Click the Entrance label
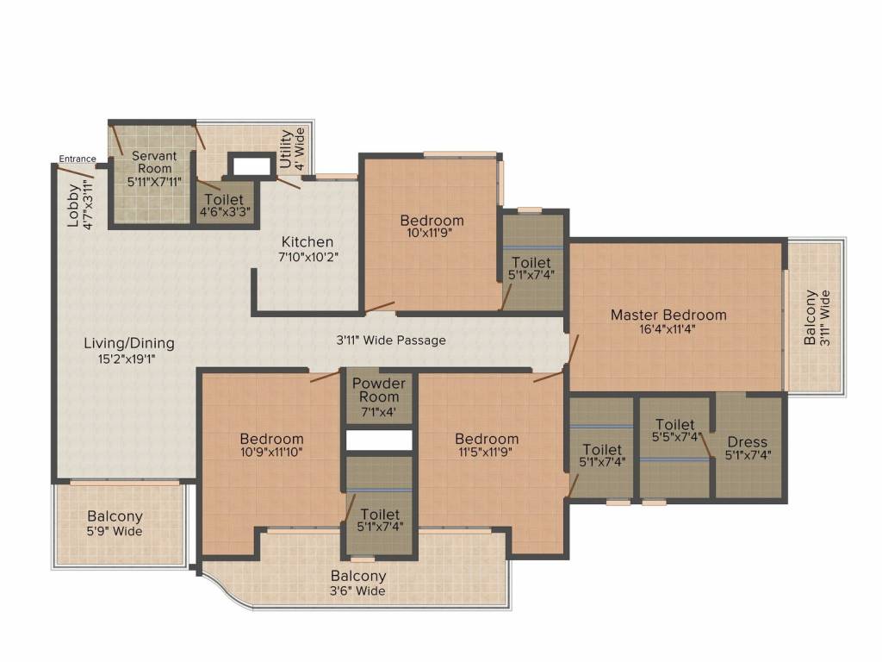(78, 159)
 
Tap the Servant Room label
(155, 162)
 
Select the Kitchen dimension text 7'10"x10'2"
(307, 256)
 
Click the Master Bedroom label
(668, 315)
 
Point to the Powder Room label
(379, 390)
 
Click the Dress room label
(746, 441)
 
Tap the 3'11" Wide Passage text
(391, 340)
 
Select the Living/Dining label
(128, 343)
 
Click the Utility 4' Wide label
(292, 148)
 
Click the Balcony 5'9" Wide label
(115, 523)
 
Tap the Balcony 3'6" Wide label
(358, 583)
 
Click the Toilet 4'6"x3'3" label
(225, 204)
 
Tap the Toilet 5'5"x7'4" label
(674, 430)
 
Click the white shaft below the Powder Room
(379, 440)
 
